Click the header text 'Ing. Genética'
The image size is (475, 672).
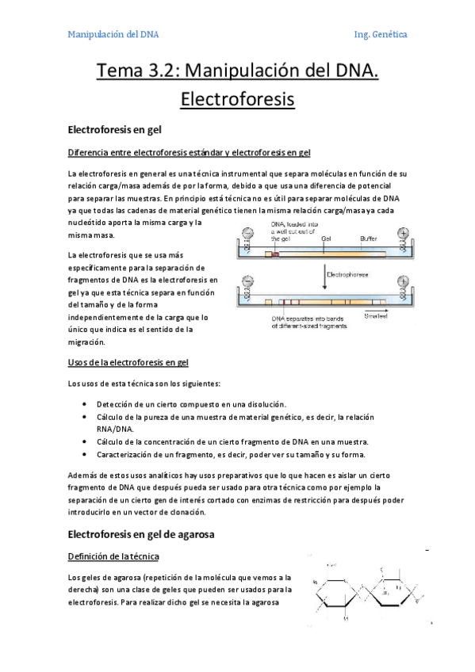381,35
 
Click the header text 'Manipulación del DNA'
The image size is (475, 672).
113,35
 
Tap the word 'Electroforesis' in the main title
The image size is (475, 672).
237,100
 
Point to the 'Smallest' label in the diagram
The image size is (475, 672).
376,315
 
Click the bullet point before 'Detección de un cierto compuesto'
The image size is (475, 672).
85,404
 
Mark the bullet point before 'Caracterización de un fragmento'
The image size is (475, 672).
85,454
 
